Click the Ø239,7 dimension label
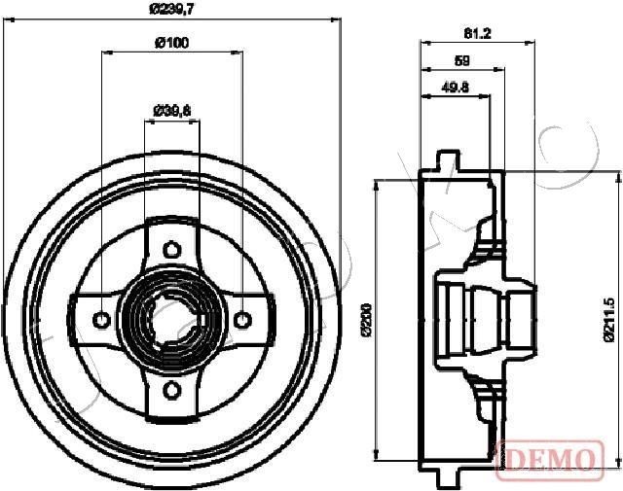tap(172, 11)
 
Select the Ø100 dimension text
tap(172, 42)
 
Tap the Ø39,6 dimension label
tap(172, 109)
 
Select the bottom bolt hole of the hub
tap(172, 390)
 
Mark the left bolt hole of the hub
tap(100, 317)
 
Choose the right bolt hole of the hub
tap(242, 317)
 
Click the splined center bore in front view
tap(172, 317)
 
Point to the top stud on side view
tap(448, 158)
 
